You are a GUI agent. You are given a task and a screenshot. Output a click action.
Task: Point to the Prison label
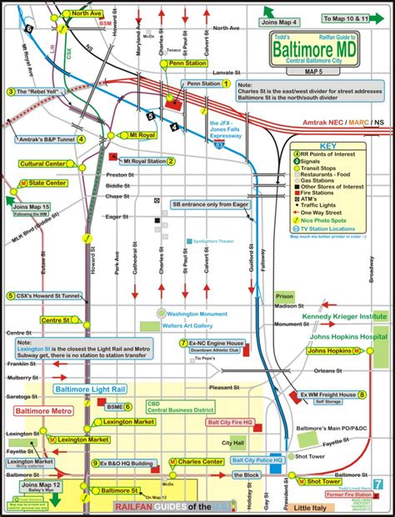pyautogui.click(x=285, y=296)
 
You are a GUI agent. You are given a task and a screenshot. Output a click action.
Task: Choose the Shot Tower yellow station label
pyautogui.click(x=322, y=481)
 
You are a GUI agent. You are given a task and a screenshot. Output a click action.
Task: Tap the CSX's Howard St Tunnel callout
pyautogui.click(x=43, y=295)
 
